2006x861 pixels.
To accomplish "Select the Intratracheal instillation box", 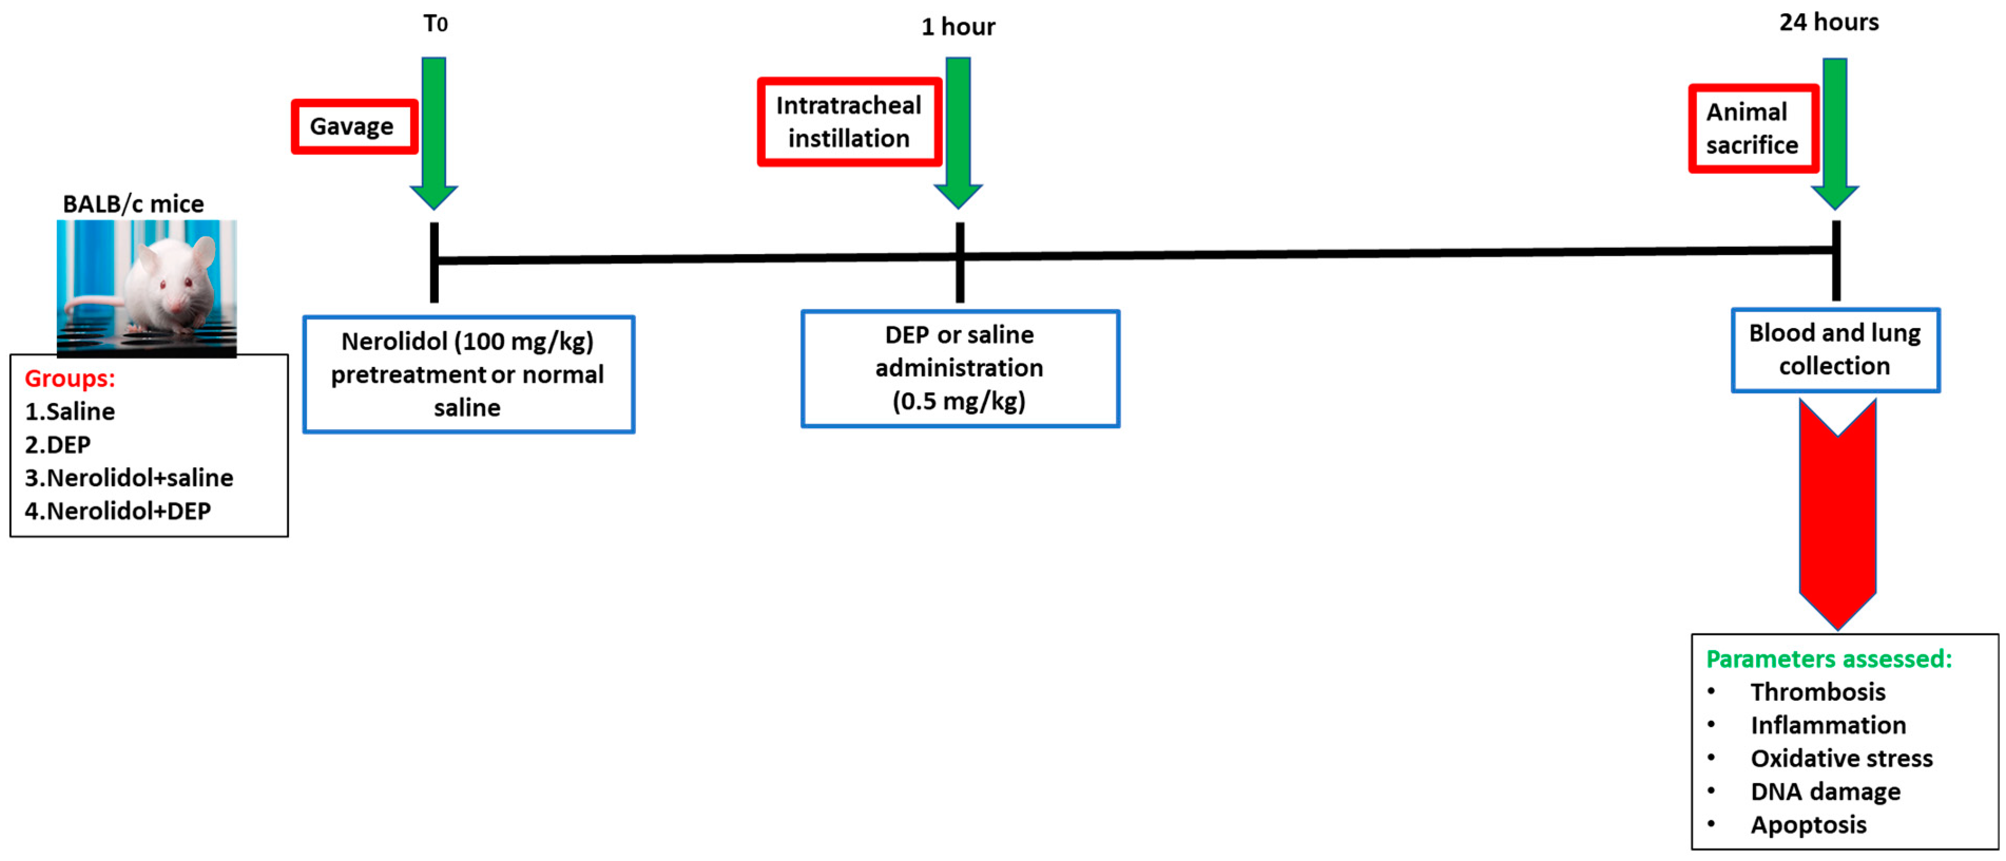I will [x=849, y=121].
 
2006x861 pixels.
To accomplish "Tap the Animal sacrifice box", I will [x=1752, y=129].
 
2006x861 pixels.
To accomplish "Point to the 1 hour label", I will [x=958, y=26].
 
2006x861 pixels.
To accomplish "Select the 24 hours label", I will [x=1828, y=22].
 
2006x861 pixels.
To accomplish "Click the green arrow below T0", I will [x=434, y=132].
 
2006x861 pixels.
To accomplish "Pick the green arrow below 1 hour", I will [x=958, y=132].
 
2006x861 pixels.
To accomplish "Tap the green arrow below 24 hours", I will [x=1835, y=132].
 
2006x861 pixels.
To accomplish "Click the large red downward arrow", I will [x=1837, y=514].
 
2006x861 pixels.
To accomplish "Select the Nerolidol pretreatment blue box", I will [x=468, y=374].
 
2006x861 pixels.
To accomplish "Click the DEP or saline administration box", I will [x=959, y=368].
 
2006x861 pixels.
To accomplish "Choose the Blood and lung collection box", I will [x=1835, y=350].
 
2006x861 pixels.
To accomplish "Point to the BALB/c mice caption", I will [x=133, y=204].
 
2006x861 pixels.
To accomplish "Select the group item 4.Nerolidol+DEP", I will [x=118, y=511].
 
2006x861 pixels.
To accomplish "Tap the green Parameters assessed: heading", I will [x=1828, y=659].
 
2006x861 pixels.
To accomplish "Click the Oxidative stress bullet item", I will [x=1841, y=758].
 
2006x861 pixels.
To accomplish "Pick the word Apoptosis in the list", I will [x=1808, y=825].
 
